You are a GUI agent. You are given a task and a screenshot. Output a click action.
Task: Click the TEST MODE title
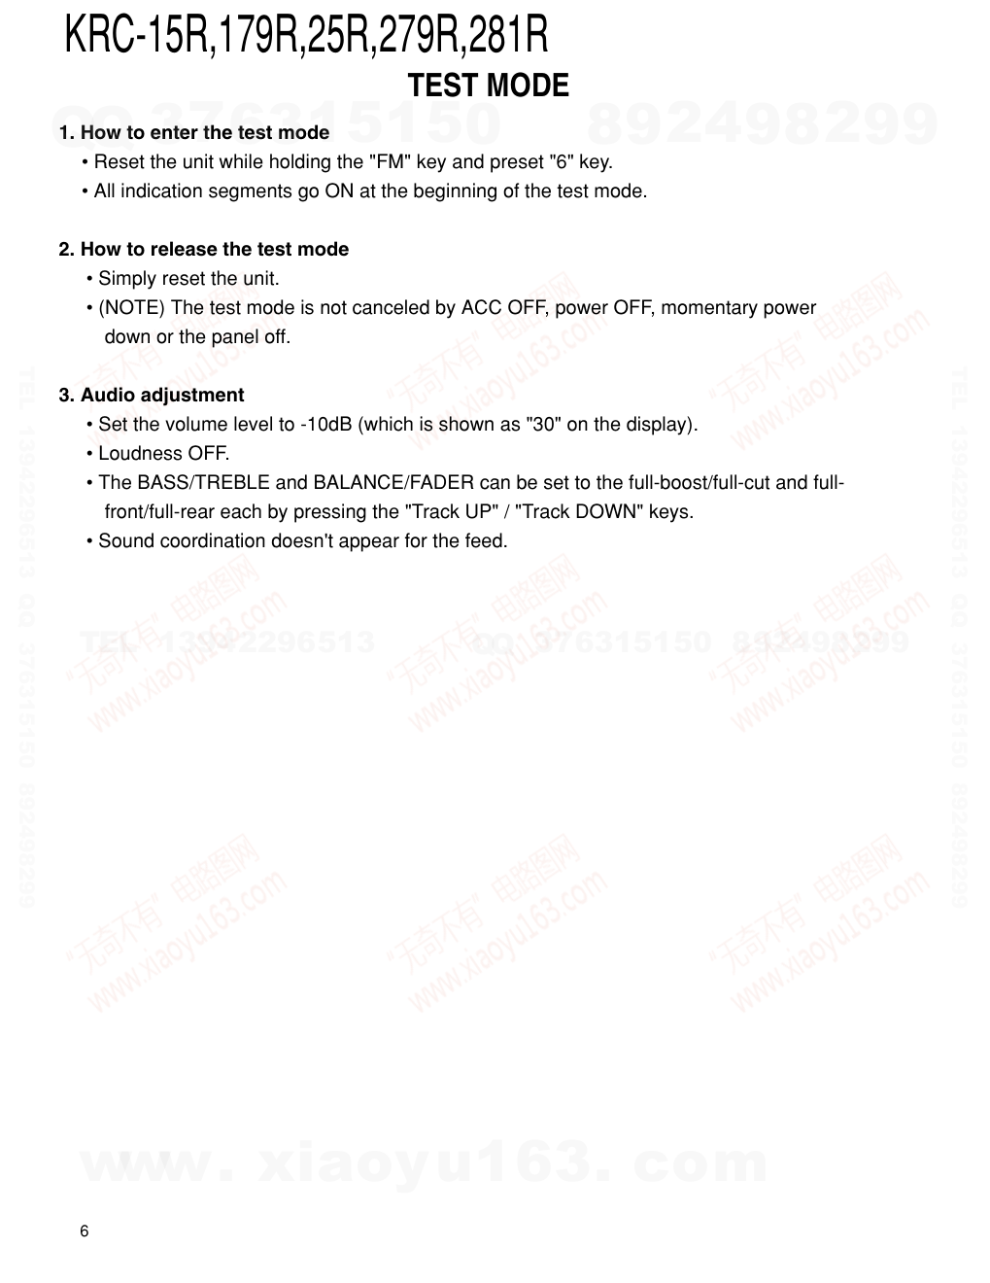tap(488, 86)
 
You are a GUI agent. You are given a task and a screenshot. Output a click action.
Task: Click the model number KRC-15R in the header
tap(138, 36)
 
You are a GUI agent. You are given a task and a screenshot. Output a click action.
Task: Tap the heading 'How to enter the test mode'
tap(204, 132)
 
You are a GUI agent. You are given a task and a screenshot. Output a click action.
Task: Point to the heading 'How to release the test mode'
tap(214, 249)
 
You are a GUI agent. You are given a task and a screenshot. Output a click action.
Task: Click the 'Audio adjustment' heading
tap(161, 395)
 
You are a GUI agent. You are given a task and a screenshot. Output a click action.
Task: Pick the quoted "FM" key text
tap(393, 161)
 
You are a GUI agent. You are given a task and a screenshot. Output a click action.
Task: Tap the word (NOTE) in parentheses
tap(132, 307)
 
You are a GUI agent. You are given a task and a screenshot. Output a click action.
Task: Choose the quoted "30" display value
tap(542, 424)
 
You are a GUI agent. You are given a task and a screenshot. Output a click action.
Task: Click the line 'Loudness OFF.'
tap(163, 453)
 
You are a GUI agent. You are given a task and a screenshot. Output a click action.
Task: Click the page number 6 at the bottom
tap(84, 1231)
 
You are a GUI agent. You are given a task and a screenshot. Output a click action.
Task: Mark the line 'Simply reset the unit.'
tap(188, 278)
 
